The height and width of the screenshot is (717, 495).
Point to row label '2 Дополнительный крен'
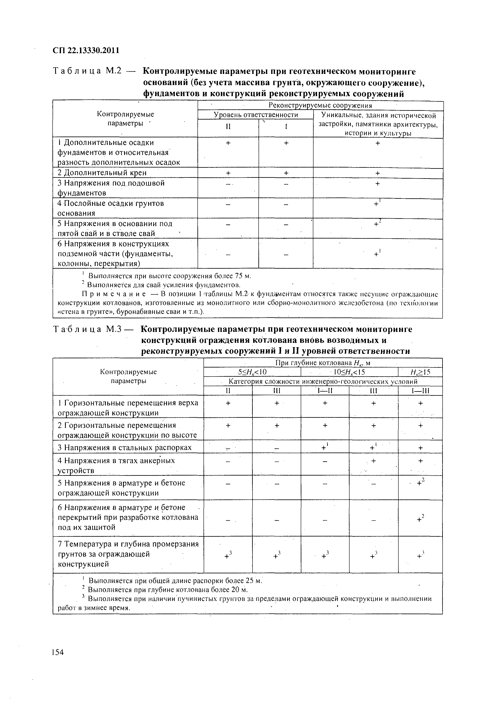tap(102, 173)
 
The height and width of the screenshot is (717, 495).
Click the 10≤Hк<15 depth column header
tap(349, 372)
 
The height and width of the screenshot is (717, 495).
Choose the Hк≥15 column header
tap(420, 372)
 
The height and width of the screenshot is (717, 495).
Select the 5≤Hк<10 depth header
tap(252, 372)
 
